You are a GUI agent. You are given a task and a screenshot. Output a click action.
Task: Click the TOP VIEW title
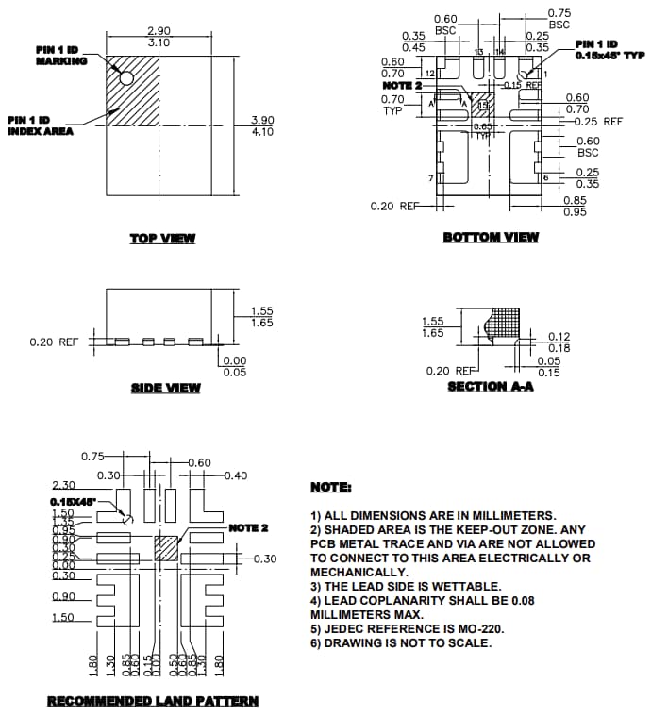[162, 238]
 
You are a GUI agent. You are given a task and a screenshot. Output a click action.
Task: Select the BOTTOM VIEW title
[491, 237]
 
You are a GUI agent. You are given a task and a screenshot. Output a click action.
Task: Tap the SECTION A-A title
[490, 387]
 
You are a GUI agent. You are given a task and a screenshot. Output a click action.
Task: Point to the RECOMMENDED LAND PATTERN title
[153, 701]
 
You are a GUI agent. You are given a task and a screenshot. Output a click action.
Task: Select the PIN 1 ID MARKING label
[61, 56]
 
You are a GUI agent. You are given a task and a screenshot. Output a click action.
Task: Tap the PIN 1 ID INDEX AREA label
[41, 125]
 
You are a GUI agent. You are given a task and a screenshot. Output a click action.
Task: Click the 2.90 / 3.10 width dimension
[159, 37]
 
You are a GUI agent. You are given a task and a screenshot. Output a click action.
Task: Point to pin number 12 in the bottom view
[429, 73]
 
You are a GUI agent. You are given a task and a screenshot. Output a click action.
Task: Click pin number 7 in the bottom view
[430, 177]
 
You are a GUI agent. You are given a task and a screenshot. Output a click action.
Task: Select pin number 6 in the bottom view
[545, 177]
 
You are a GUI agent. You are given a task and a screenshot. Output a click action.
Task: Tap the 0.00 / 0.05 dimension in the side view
[234, 366]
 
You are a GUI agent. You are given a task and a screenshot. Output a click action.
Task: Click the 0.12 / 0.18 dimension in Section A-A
[559, 342]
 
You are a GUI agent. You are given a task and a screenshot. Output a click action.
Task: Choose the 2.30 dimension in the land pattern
[63, 484]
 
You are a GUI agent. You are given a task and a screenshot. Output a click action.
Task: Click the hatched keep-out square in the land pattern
[166, 549]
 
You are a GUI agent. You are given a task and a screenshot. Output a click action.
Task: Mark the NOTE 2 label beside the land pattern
[248, 527]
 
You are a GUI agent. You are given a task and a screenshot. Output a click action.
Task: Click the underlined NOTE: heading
[330, 487]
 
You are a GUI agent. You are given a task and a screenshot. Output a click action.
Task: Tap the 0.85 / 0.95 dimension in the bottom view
[575, 206]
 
